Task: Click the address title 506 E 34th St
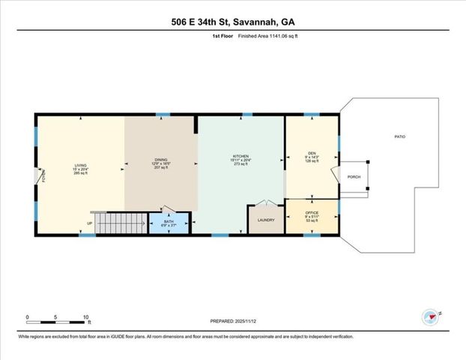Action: point(232,22)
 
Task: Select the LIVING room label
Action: point(80,166)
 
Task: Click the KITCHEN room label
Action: point(240,157)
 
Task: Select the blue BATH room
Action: point(168,223)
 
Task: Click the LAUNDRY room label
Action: point(265,220)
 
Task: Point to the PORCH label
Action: point(355,177)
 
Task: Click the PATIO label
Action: point(400,137)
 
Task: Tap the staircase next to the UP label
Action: point(121,223)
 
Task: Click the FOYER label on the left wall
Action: point(43,176)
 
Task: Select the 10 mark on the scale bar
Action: point(87,317)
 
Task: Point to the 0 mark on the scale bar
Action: point(28,317)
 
